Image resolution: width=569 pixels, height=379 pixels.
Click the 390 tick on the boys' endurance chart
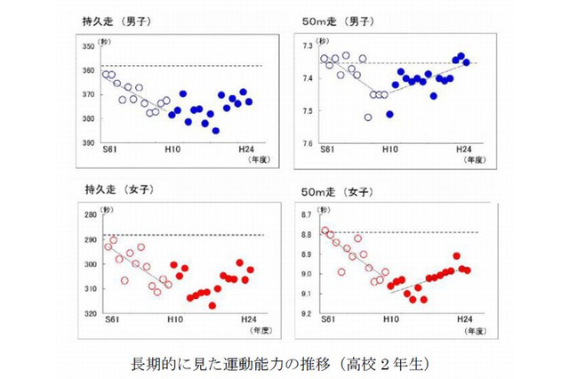87,142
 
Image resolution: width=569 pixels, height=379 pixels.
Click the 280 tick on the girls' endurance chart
87,215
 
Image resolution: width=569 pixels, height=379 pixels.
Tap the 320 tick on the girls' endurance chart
87,313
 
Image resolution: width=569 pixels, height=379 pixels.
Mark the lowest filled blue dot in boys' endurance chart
215,131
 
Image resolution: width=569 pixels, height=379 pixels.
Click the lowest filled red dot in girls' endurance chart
212,305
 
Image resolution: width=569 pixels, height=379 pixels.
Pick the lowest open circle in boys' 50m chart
368,117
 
